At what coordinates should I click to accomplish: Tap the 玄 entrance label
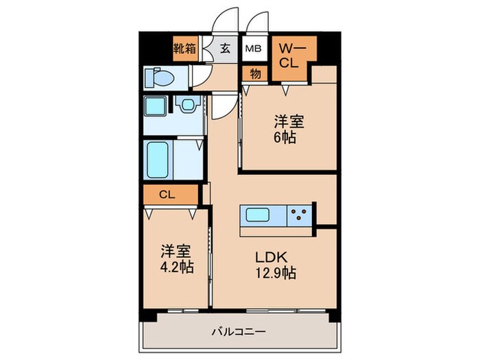tap(225, 49)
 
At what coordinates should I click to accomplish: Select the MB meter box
tap(254, 49)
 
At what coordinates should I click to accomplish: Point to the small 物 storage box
tap(255, 74)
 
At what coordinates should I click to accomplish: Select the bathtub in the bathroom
tap(158, 160)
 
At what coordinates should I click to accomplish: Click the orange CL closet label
tap(167, 195)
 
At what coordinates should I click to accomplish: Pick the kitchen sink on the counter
tap(260, 215)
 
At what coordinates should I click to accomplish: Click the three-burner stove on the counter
tap(298, 215)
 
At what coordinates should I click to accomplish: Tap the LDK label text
tap(272, 258)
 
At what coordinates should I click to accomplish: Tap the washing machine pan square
tap(155, 107)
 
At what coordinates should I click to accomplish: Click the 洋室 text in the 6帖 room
tap(289, 121)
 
